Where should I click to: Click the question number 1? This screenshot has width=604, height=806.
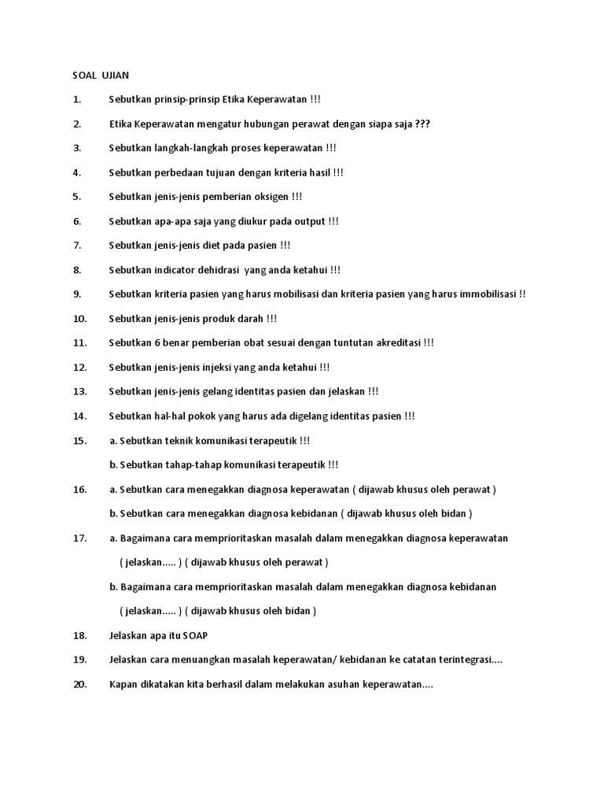pyautogui.click(x=77, y=100)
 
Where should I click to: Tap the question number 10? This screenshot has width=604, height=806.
pyautogui.click(x=79, y=319)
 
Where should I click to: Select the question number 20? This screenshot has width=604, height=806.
pyautogui.click(x=79, y=685)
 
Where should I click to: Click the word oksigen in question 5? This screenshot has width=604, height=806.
pyautogui.click(x=271, y=197)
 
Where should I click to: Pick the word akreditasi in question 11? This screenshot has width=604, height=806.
pyautogui.click(x=396, y=343)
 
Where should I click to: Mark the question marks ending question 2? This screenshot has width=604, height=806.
pyautogui.click(x=422, y=124)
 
